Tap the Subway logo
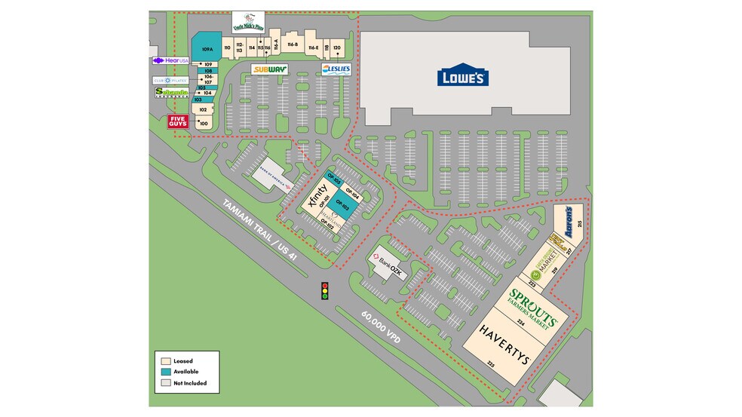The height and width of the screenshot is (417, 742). [x=269, y=69]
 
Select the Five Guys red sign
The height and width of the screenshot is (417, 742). [x=178, y=121]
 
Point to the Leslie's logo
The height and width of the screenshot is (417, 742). [x=336, y=69]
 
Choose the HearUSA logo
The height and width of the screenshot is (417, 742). [x=170, y=60]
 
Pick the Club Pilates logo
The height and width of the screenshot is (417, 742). [x=170, y=80]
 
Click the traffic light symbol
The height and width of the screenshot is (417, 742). [x=325, y=290]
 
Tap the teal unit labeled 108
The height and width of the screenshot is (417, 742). [x=207, y=71]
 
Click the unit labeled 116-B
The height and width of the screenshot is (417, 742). [x=292, y=46]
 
